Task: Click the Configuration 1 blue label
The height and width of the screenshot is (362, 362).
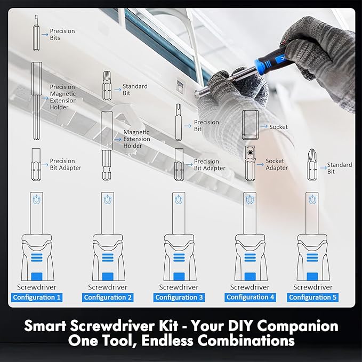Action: pyautogui.click(x=37, y=297)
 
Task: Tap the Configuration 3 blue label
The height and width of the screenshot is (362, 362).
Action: pyautogui.click(x=179, y=297)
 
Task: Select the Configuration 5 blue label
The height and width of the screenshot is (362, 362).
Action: pyautogui.click(x=313, y=297)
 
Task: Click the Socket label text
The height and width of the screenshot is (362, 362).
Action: pyautogui.click(x=278, y=127)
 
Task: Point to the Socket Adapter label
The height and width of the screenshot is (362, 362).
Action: pyautogui.click(x=277, y=164)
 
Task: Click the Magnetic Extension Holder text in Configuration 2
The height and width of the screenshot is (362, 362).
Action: pyautogui.click(x=136, y=139)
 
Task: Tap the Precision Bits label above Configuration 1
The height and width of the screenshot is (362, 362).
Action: pyautogui.click(x=62, y=35)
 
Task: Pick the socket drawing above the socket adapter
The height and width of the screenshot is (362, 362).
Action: pyautogui.click(x=250, y=125)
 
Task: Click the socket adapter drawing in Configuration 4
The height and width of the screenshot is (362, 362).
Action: pyautogui.click(x=250, y=163)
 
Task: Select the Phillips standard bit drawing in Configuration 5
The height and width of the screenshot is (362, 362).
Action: pyautogui.click(x=312, y=164)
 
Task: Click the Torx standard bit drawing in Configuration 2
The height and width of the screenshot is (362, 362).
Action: pyautogui.click(x=107, y=85)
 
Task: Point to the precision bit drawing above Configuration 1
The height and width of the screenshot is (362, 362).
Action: pyautogui.click(x=36, y=33)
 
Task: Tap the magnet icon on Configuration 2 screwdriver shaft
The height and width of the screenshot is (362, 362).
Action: pyautogui.click(x=108, y=199)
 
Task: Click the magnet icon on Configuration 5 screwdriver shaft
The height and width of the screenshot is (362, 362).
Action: pyautogui.click(x=312, y=199)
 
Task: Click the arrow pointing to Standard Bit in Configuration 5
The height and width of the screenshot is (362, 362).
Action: pyautogui.click(x=323, y=168)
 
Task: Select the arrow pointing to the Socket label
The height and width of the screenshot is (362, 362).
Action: pyautogui.click(x=264, y=126)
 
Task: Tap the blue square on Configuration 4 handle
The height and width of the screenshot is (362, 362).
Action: pyautogui.click(x=250, y=276)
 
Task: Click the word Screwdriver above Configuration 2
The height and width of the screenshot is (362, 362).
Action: pyautogui.click(x=108, y=287)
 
